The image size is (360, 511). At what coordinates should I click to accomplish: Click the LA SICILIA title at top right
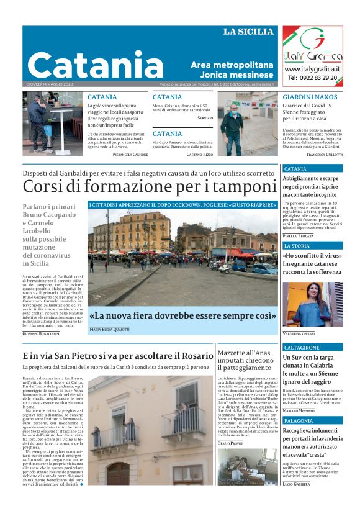(248, 32)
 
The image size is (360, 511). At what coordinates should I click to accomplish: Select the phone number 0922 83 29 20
(313, 78)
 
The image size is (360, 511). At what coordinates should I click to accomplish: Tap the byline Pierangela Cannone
(130, 154)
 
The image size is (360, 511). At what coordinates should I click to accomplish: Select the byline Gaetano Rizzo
(199, 154)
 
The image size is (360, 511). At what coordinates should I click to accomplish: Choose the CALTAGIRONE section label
(302, 348)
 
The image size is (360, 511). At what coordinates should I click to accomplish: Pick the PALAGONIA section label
(299, 421)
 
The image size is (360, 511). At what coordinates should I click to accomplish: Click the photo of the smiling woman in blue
(312, 304)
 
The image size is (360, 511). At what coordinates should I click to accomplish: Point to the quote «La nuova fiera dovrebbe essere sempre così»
(175, 315)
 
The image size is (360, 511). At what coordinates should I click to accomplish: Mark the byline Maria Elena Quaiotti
(109, 329)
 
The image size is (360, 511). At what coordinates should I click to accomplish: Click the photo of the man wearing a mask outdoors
(238, 124)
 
